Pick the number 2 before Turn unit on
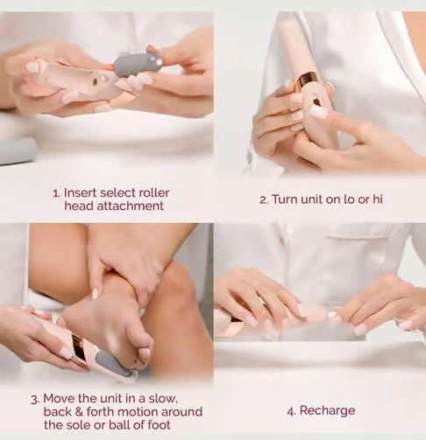click(263, 199)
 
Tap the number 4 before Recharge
click(290, 410)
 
